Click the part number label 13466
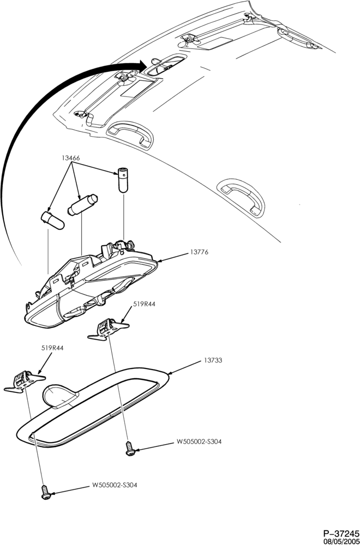point(71,158)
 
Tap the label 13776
point(199,252)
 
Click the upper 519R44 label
point(144,304)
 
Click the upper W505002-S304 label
point(199,442)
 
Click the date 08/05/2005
point(341,541)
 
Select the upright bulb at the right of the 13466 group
point(123,180)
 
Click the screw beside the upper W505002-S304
point(130,447)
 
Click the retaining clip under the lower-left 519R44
point(25,381)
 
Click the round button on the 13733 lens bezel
point(59,396)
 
